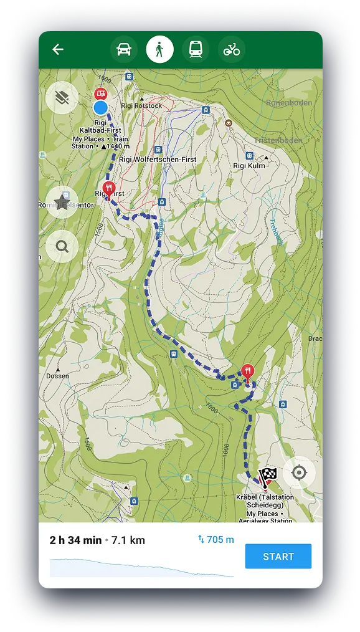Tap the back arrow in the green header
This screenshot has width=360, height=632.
click(58, 49)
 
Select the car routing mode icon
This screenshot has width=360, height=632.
click(124, 49)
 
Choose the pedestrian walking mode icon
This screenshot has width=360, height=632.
click(159, 49)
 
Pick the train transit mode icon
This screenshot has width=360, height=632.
click(195, 49)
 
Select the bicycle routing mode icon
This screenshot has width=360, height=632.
click(231, 49)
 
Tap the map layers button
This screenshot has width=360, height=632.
click(62, 97)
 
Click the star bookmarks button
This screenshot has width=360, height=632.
click(62, 202)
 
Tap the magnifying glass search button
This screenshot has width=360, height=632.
click(62, 246)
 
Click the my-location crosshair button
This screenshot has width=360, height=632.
click(299, 472)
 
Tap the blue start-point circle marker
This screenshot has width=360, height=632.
click(100, 108)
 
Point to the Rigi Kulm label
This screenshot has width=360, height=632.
click(249, 166)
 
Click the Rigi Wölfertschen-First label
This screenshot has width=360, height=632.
click(157, 160)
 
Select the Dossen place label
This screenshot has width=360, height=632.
click(57, 376)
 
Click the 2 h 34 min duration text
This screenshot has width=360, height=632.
click(75, 540)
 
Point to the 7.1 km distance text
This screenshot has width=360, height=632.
click(128, 540)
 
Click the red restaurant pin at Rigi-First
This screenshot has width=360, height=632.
click(108, 188)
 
